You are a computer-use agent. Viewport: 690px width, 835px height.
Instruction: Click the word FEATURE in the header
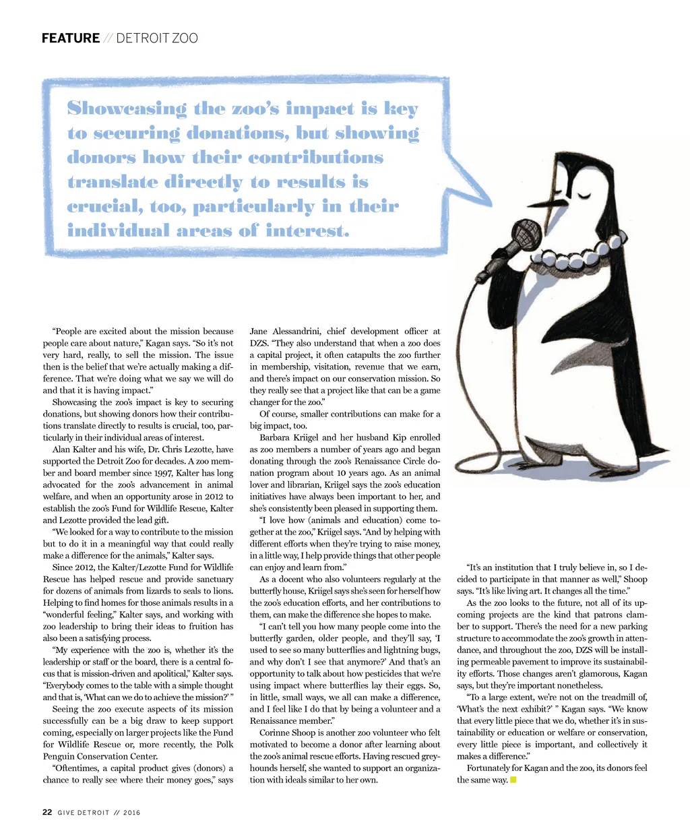point(71,38)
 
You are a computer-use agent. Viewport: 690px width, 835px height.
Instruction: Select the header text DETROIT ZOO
point(157,38)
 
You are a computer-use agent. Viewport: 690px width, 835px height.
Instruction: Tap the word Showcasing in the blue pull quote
point(127,109)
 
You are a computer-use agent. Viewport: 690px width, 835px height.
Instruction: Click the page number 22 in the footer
point(46,812)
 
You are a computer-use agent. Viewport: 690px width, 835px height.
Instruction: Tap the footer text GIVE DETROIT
point(83,813)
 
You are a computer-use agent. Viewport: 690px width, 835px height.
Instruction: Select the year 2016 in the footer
point(132,813)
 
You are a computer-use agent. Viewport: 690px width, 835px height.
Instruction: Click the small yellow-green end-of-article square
point(513,780)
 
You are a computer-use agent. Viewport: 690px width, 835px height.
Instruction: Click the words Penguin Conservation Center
point(101,756)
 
